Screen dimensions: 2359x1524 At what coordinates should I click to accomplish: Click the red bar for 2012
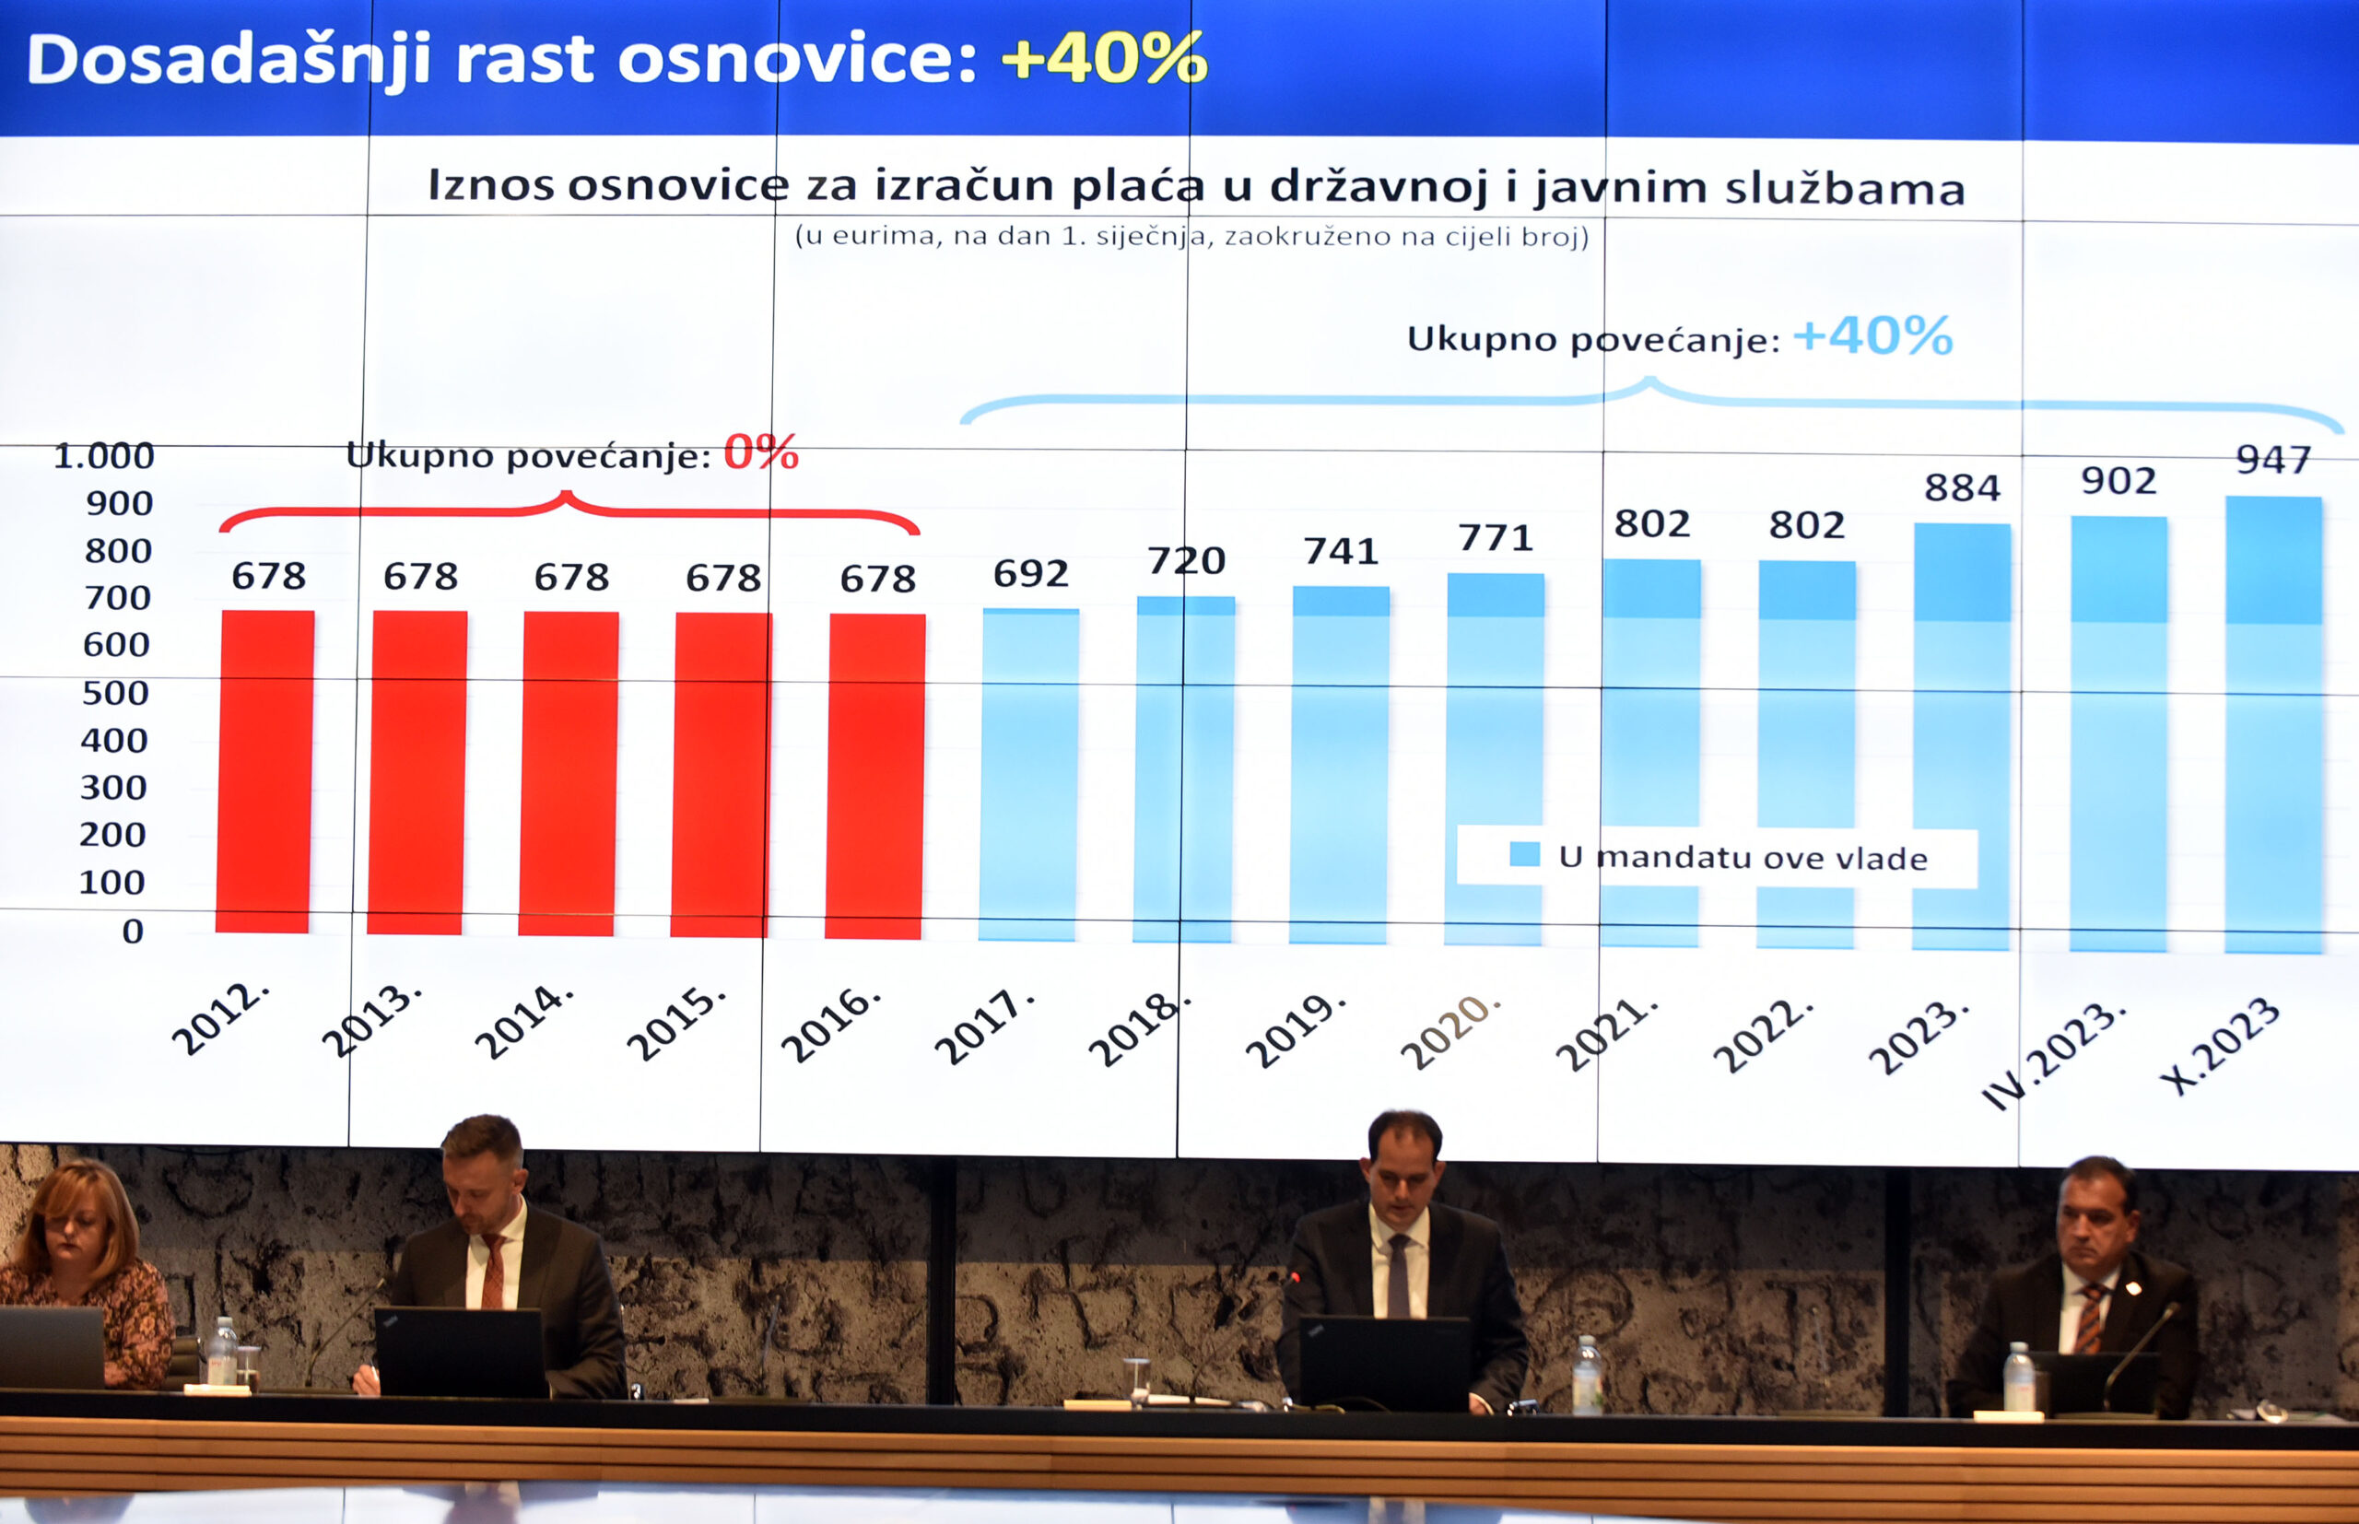click(x=265, y=772)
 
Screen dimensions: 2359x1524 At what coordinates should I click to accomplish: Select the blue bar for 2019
click(x=1340, y=765)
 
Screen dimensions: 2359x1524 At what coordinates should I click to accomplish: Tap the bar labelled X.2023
click(x=2274, y=725)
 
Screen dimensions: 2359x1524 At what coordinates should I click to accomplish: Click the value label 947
click(x=2274, y=459)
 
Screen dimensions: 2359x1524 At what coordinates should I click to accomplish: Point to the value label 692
click(x=1031, y=574)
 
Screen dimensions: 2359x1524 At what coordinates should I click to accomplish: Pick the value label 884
click(x=1962, y=487)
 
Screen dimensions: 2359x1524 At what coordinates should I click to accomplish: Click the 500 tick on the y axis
click(x=116, y=694)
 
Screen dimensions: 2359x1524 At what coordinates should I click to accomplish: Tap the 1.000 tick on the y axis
click(x=104, y=456)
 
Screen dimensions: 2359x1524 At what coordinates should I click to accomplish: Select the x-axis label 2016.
click(x=829, y=1026)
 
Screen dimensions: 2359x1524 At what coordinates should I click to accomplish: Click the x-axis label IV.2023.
click(x=2054, y=1056)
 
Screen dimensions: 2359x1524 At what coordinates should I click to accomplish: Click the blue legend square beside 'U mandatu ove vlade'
click(x=1525, y=854)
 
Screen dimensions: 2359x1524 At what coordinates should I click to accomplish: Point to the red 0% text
click(x=761, y=452)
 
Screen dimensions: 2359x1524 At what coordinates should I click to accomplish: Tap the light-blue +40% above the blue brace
click(x=1873, y=335)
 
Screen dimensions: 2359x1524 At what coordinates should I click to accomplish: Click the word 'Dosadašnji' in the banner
click(x=229, y=59)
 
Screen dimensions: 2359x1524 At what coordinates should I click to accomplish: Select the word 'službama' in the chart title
click(x=1845, y=189)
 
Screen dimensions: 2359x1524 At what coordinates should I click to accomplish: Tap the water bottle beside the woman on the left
click(x=223, y=1352)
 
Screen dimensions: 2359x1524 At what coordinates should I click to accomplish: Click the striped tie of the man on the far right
click(x=2090, y=1319)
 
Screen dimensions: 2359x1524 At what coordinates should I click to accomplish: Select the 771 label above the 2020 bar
click(x=1496, y=538)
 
